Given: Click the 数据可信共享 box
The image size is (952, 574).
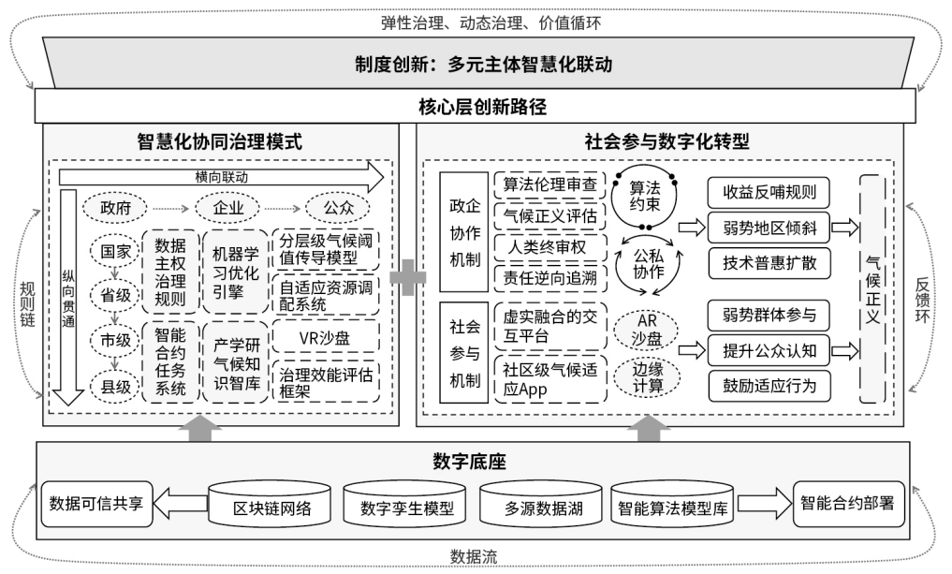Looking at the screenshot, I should click(x=97, y=502).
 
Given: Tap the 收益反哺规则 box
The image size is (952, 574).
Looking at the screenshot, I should click(x=769, y=195).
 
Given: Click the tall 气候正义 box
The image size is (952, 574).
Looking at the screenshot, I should click(x=871, y=289).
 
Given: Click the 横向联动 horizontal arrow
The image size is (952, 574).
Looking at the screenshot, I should click(x=221, y=176).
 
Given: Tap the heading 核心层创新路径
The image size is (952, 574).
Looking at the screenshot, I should click(x=475, y=104).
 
